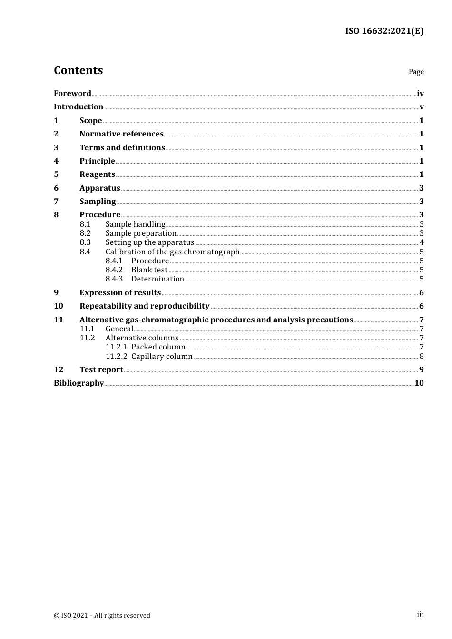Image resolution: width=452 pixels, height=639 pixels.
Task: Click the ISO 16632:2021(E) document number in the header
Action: click(x=384, y=31)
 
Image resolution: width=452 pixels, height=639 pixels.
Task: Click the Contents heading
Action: click(x=78, y=70)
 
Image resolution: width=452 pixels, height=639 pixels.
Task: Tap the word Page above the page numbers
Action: click(x=416, y=72)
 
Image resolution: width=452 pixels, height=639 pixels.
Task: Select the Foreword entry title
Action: click(x=72, y=93)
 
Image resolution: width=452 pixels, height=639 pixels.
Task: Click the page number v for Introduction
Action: click(x=422, y=107)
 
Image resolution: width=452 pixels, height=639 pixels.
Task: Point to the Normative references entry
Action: click(x=121, y=134)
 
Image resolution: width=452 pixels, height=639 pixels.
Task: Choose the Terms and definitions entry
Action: click(x=122, y=147)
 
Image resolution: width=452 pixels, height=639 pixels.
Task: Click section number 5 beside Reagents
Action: click(x=56, y=174)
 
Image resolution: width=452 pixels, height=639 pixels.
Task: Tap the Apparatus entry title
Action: click(x=99, y=188)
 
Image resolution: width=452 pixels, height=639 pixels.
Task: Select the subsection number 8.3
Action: click(x=85, y=242)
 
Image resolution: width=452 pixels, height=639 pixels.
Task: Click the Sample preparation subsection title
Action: click(x=141, y=233)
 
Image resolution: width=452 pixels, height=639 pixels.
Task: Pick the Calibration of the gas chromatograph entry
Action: click(x=172, y=252)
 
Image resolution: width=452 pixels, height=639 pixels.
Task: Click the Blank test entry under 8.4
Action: click(x=149, y=270)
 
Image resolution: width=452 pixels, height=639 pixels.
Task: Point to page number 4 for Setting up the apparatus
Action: click(x=422, y=242)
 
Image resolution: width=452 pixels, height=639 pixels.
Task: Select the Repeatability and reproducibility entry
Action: click(x=144, y=306)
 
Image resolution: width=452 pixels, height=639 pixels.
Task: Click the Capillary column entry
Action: click(x=162, y=357)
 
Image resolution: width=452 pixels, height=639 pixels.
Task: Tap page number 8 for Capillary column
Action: click(x=422, y=357)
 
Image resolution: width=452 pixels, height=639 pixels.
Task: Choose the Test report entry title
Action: click(x=101, y=370)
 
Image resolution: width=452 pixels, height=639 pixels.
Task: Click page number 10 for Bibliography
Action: click(x=419, y=383)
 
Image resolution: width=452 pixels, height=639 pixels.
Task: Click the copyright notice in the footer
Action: click(x=102, y=615)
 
